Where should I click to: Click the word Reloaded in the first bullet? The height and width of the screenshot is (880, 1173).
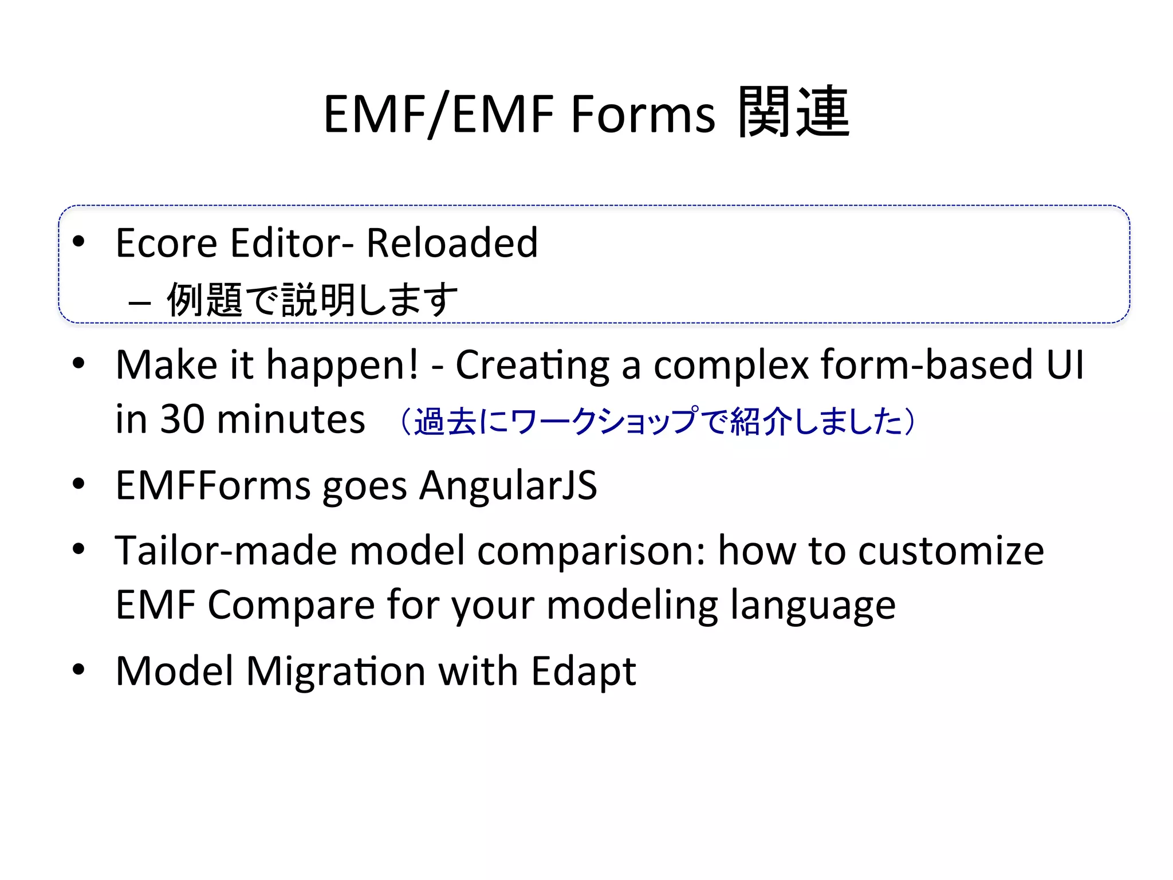click(x=452, y=243)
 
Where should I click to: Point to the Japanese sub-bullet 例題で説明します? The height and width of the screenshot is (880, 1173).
click(x=312, y=300)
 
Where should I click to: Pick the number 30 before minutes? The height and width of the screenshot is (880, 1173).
click(x=182, y=419)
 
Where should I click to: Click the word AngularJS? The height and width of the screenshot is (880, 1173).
click(x=508, y=486)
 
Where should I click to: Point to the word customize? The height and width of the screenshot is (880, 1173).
click(x=951, y=551)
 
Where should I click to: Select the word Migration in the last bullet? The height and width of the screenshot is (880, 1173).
click(x=335, y=671)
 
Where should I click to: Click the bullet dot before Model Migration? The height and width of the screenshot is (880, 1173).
click(x=79, y=669)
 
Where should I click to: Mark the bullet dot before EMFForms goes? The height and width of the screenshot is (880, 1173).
click(x=79, y=484)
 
